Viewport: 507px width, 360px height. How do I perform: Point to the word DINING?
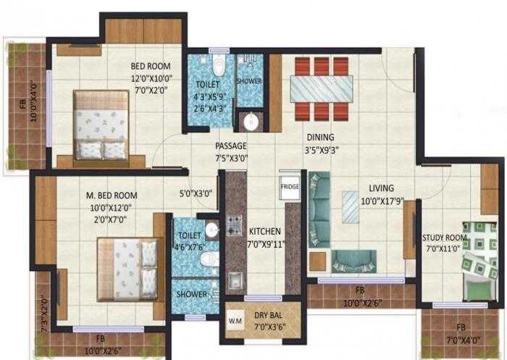tap(319, 137)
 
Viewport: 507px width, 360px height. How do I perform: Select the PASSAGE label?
tap(230, 146)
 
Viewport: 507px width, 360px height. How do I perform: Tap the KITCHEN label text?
tap(265, 232)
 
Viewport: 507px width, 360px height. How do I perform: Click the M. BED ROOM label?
tap(112, 196)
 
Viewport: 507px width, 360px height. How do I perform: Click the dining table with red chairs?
tap(321, 90)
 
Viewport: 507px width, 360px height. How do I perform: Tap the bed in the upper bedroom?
tap(101, 125)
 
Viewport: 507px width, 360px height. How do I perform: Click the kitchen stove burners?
tap(235, 225)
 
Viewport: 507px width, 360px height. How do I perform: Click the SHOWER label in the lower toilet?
tap(192, 295)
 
